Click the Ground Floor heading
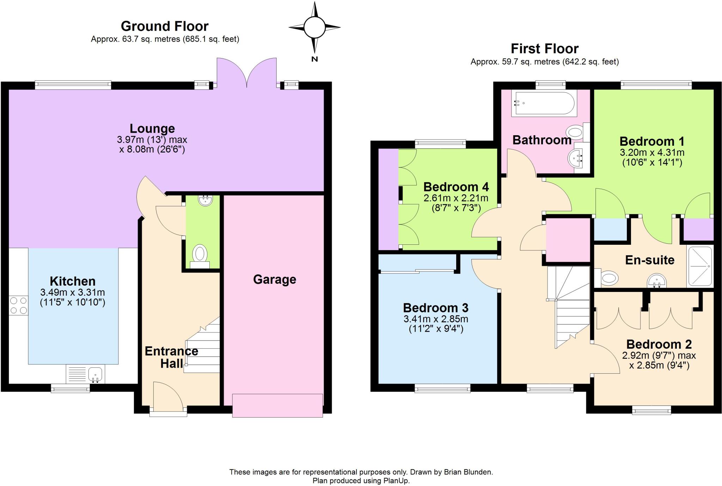coord(165,26)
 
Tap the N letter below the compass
coord(314,59)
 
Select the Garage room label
coord(274,279)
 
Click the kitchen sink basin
coord(96,374)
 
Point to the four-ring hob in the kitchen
coord(18,305)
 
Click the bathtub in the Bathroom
coord(545,103)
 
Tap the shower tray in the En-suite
coord(700,266)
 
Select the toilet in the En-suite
coord(608,278)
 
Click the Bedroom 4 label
coord(456,187)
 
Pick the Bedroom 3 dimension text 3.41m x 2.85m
coord(436,319)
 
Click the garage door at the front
coord(277,406)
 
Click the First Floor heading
coord(544,49)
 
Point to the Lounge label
coord(152,129)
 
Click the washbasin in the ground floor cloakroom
coord(205,200)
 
